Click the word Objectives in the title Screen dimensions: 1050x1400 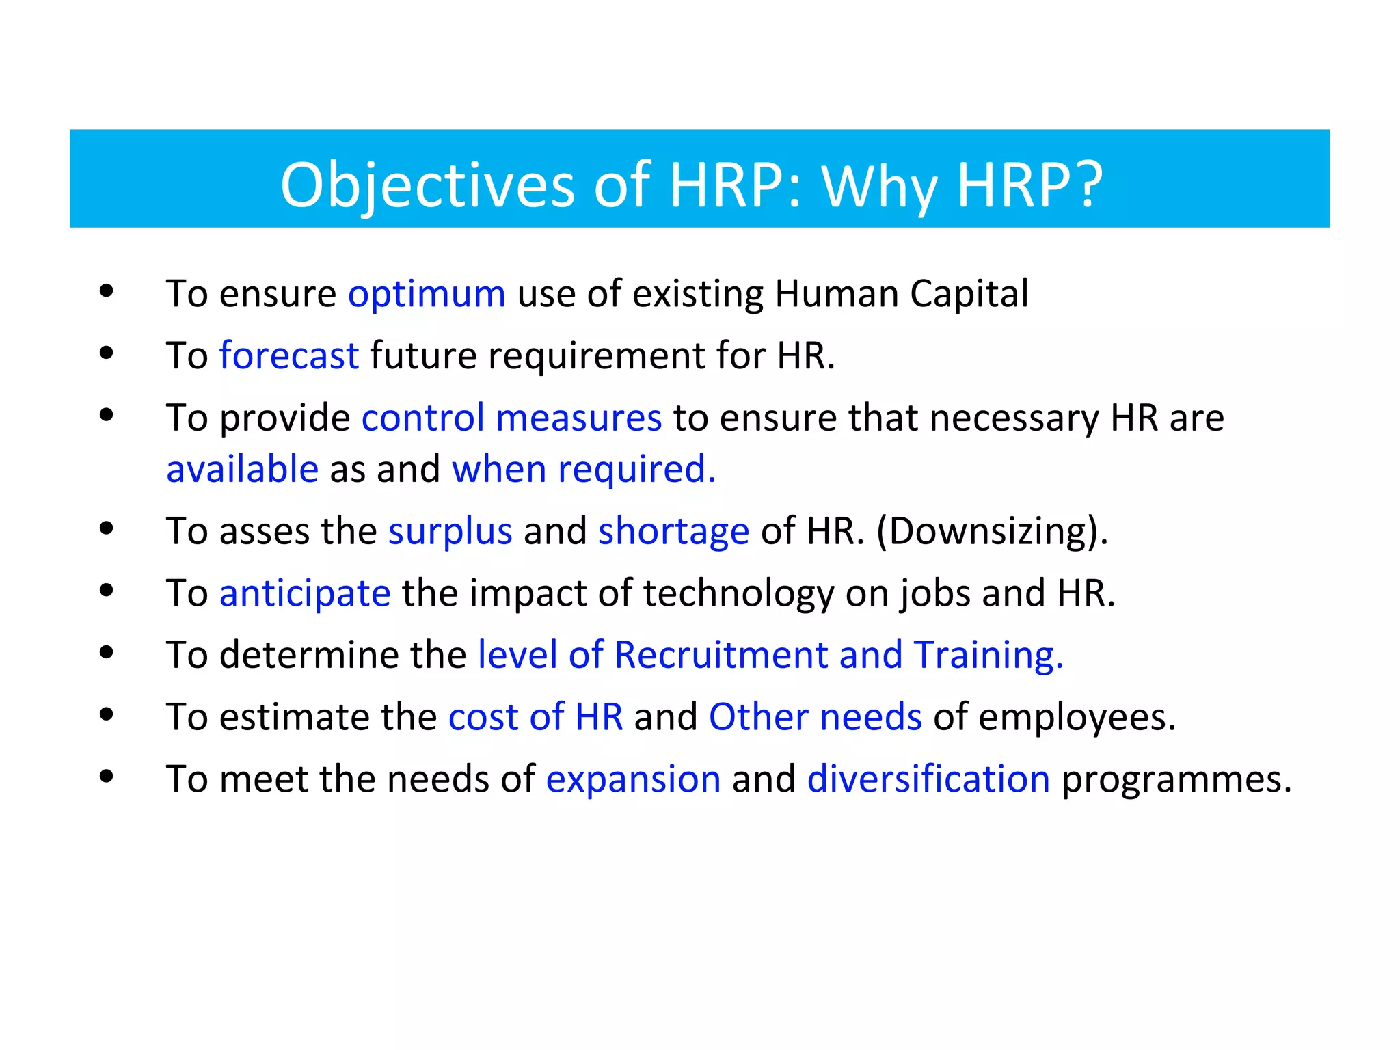pos(427,185)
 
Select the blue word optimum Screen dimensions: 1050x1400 pos(427,294)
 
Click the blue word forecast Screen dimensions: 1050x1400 pos(288,356)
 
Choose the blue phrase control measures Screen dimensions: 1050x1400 pos(511,418)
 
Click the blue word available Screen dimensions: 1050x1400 pos(242,469)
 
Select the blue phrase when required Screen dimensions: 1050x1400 pos(583,469)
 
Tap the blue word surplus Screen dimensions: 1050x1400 pos(450,531)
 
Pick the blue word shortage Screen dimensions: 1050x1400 pos(673,531)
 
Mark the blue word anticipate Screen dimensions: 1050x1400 pos(305,593)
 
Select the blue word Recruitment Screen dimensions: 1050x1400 pos(721,655)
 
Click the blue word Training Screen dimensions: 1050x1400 pos(987,655)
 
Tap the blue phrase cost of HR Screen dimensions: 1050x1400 pos(535,717)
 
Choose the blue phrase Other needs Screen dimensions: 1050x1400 pos(815,717)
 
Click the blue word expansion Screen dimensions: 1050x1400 pos(633,779)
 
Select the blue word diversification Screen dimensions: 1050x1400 pos(928,779)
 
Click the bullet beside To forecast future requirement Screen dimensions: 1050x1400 pos(106,353)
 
